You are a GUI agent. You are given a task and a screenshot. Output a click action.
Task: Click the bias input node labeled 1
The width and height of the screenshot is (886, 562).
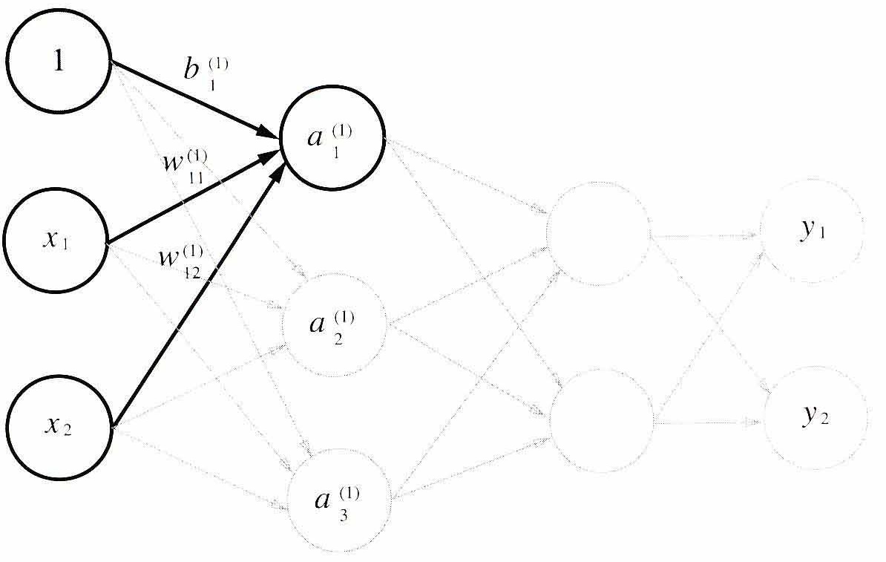click(59, 60)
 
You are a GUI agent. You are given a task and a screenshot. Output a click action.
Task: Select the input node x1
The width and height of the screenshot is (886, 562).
click(56, 240)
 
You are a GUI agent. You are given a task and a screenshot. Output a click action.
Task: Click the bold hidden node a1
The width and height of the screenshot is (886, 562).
click(332, 138)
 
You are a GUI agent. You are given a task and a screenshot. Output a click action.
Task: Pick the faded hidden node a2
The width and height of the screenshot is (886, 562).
click(335, 325)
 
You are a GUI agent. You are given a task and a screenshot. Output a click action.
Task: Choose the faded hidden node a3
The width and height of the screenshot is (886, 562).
click(340, 500)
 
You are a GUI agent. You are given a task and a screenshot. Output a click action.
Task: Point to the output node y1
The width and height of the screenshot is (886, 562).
click(812, 230)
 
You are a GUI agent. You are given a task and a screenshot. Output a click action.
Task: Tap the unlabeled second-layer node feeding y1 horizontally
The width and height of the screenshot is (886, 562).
click(598, 234)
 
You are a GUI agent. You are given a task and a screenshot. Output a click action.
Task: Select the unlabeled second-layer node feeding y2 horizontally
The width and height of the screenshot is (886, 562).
click(601, 421)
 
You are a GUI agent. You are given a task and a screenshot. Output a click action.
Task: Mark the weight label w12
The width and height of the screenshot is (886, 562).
click(181, 262)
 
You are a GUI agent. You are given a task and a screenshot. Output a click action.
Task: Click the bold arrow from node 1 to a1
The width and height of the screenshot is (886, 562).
click(195, 99)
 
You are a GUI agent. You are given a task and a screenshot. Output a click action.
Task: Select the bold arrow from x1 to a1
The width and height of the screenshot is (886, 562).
click(191, 198)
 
